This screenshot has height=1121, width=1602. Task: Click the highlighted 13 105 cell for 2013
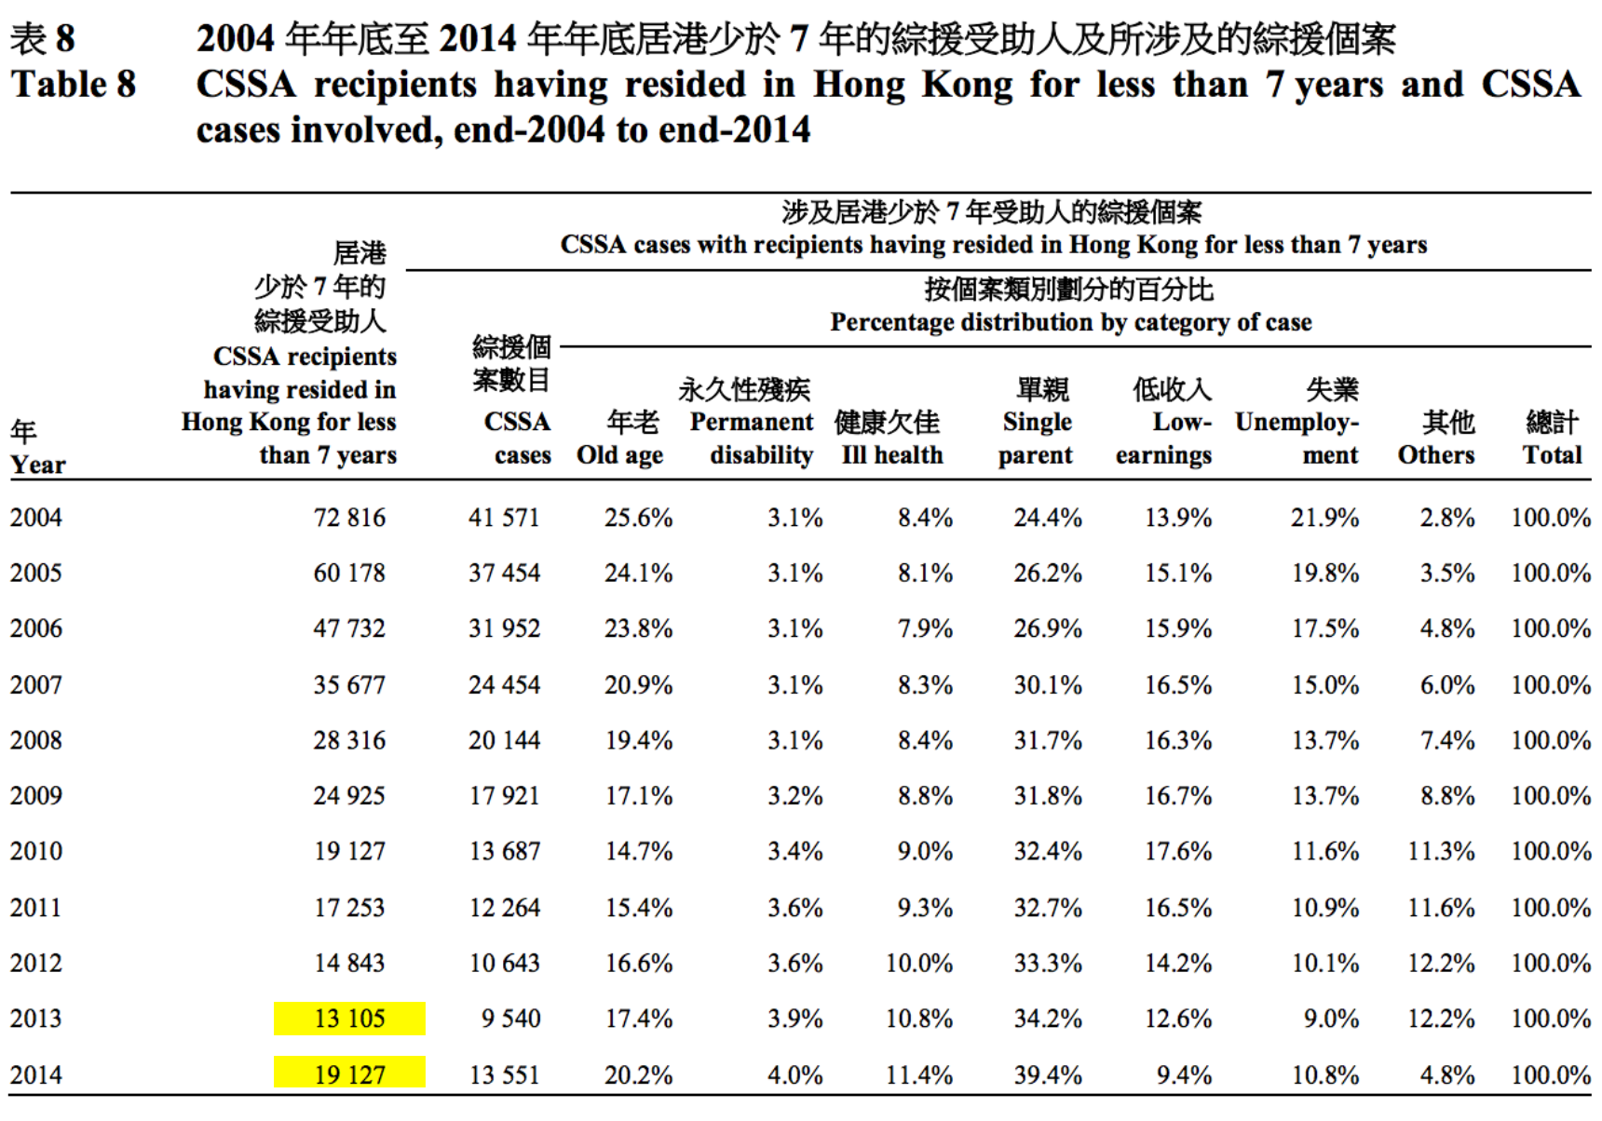tap(349, 1019)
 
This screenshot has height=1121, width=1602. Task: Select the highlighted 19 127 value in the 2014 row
tap(349, 1074)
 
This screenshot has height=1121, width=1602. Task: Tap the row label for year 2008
tap(36, 740)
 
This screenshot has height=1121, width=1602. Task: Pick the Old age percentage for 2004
tap(638, 518)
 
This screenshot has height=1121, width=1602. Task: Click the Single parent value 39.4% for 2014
tap(1048, 1074)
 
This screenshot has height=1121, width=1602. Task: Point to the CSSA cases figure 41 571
tap(504, 518)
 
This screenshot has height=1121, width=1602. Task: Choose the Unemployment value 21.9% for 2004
tap(1324, 518)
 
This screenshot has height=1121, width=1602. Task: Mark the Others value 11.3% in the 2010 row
tap(1441, 851)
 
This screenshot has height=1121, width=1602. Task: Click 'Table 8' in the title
tap(74, 85)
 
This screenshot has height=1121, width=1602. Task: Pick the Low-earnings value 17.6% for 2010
tap(1178, 851)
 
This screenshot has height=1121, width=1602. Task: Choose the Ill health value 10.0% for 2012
tap(918, 963)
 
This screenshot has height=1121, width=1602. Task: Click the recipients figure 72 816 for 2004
tap(349, 518)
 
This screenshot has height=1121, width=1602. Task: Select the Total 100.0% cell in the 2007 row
tap(1551, 685)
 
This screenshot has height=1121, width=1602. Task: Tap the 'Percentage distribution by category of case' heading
tap(1071, 322)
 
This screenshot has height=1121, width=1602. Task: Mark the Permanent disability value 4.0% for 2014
tap(794, 1074)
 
